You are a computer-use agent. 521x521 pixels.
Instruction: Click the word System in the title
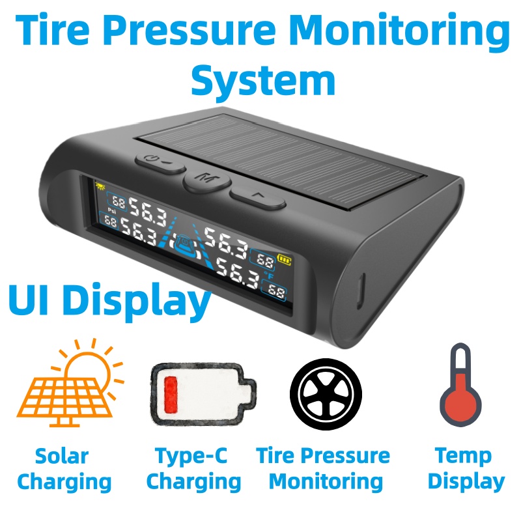tap(263, 81)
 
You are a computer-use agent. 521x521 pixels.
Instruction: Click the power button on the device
tap(160, 162)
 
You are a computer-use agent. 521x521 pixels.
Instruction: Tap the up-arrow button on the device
tap(257, 197)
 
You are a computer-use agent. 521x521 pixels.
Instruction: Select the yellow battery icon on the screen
tap(284, 259)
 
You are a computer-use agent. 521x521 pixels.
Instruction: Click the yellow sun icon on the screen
tap(100, 186)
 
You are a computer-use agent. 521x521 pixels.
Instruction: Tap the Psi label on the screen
tap(111, 210)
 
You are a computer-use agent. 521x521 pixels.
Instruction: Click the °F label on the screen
tap(268, 275)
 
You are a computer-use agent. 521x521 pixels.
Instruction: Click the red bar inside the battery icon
tap(171, 394)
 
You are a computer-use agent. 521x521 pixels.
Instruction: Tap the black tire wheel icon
tap(326, 394)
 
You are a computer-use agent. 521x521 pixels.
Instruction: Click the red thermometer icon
tap(460, 385)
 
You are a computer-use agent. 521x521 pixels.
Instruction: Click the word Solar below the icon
tap(62, 456)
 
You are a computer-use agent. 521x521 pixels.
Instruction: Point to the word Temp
tap(463, 457)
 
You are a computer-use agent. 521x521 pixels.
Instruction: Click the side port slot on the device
tap(361, 291)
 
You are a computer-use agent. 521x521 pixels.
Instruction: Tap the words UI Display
tap(109, 301)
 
